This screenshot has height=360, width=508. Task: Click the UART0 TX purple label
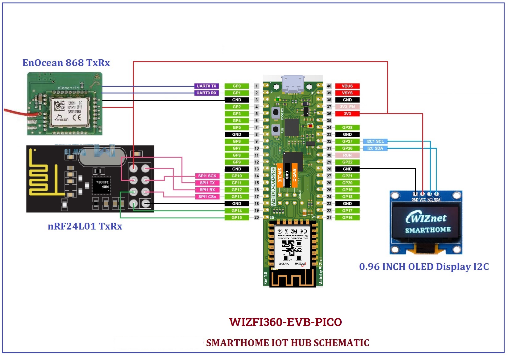point(206,86)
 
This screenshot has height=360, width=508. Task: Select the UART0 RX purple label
point(206,93)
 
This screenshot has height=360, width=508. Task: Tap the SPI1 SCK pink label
point(207,176)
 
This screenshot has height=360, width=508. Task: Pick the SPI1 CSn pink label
point(207,197)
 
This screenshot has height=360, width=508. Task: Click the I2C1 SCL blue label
point(375,141)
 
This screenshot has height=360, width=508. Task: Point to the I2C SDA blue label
point(375,148)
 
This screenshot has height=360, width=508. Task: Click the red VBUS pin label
point(347,86)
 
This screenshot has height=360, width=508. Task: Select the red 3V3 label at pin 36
point(347,114)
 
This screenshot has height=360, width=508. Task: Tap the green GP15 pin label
point(237,217)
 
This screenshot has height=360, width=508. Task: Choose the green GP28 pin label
point(347,127)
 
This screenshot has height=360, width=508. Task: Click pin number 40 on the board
point(329,86)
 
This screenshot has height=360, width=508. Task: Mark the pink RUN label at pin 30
point(347,155)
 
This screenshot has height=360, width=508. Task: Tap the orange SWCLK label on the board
point(280,175)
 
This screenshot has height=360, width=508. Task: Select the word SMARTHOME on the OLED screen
point(428,230)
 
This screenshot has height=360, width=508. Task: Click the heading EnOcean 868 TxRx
point(66,63)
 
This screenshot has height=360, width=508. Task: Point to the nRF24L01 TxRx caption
point(85,226)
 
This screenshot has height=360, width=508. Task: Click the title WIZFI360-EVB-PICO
point(285,322)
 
